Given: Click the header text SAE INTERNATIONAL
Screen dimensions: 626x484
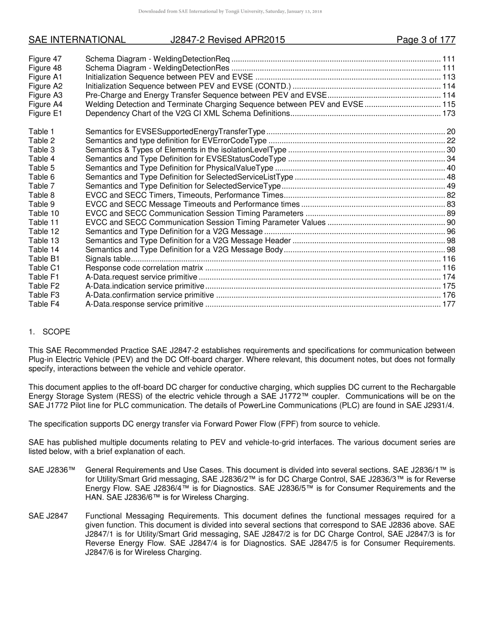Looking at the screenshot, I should click(x=77, y=40).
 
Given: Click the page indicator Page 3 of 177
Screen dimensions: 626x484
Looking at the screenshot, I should click(x=426, y=40).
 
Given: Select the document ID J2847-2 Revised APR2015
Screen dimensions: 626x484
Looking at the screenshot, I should click(x=228, y=40).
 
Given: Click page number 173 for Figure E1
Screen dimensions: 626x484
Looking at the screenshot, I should click(x=449, y=113).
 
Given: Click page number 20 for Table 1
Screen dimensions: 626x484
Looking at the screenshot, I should click(x=451, y=132).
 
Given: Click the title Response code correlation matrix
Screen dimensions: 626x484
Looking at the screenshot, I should click(x=144, y=268).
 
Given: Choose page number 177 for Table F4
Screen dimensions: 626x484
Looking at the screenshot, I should click(x=449, y=304).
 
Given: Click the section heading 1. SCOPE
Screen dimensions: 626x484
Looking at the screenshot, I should click(x=49, y=332).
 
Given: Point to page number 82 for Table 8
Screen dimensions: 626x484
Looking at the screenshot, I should click(x=451, y=195).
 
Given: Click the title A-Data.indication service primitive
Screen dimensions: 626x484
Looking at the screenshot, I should click(x=145, y=286).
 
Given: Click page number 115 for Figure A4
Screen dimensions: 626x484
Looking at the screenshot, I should click(x=449, y=104).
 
